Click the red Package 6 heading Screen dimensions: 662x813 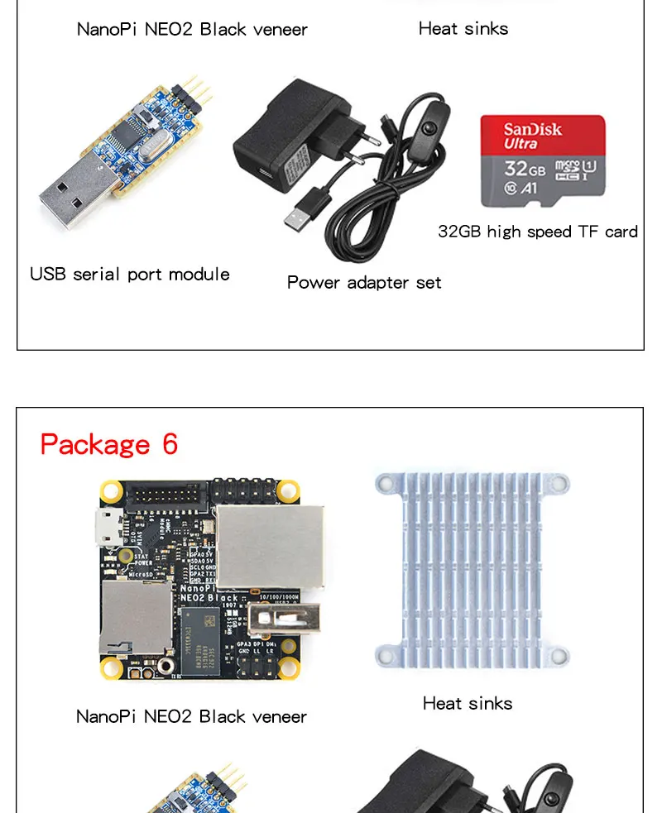pos(108,444)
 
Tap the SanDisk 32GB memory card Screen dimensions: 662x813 pos(543,160)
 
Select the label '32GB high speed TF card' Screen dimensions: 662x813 pos(538,232)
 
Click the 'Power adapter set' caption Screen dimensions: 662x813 pos(364,282)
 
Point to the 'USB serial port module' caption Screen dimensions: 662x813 pos(130,274)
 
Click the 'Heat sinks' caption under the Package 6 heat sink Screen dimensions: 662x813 pos(468,703)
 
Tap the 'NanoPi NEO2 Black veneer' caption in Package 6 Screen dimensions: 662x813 pos(191,716)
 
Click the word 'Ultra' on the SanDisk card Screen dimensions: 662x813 pos(520,143)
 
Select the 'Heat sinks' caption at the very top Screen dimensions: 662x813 pos(463,28)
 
